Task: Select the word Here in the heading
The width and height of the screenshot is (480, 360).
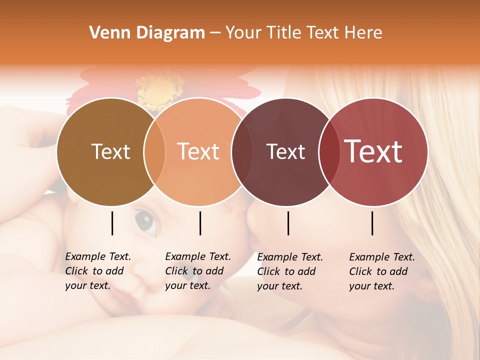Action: pos(363,33)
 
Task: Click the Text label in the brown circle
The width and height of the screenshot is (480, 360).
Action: pos(110,152)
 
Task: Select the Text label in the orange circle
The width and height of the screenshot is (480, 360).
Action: pos(198,152)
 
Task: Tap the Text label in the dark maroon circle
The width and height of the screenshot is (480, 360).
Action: pos(286,152)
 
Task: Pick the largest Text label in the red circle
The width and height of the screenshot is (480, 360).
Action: pos(373,151)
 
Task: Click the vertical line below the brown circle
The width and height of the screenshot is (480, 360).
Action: pos(112,223)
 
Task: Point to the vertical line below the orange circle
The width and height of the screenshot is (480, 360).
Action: pos(200,223)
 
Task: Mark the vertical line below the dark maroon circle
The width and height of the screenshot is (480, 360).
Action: pos(288,223)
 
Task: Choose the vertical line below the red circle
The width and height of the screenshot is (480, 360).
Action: pos(372,223)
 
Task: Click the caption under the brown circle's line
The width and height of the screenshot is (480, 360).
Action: pos(98,271)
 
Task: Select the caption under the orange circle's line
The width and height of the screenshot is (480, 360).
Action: pos(198,271)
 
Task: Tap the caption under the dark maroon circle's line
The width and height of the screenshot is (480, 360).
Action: pos(290,271)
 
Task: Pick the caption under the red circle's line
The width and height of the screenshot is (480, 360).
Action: pos(382,271)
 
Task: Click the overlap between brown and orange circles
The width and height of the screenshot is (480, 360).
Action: pos(154,152)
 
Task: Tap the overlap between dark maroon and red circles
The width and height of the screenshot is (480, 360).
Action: pos(328,152)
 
